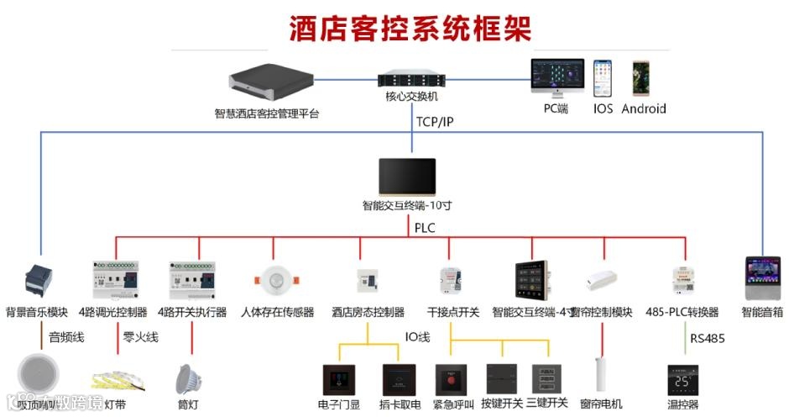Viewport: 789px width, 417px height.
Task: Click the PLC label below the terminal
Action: coord(424,227)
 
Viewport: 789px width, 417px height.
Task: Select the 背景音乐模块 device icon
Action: coord(38,281)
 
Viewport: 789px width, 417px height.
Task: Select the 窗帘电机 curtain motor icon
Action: coord(601,376)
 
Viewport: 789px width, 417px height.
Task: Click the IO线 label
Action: coord(417,337)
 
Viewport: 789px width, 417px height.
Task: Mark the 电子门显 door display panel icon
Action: coord(339,380)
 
